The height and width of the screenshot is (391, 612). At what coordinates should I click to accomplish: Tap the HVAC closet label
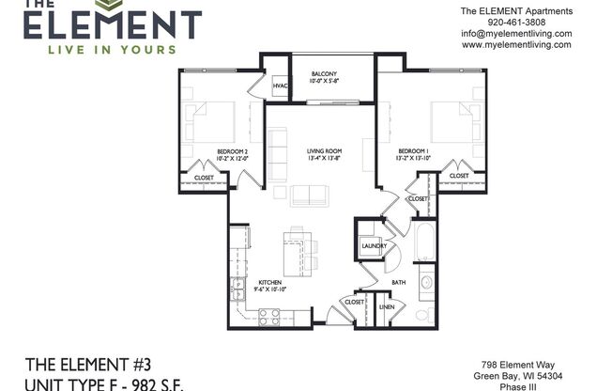click(x=280, y=86)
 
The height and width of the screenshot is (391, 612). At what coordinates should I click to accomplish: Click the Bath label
click(x=398, y=283)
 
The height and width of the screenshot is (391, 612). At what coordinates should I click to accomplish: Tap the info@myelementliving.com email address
click(x=515, y=33)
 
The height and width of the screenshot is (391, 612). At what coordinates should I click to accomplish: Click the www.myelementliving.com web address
click(x=515, y=44)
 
